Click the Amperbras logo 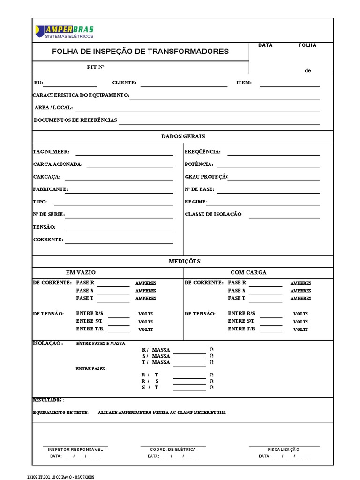[64, 31]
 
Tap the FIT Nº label [95, 67]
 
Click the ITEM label [244, 83]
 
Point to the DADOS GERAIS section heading [183, 136]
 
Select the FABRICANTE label [51, 189]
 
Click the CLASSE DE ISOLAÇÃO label [213, 214]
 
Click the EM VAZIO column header [81, 272]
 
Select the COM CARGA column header [248, 272]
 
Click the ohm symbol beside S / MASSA [211, 356]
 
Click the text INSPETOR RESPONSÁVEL [75, 449]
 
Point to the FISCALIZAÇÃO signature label [284, 449]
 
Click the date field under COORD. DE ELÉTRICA [173, 456]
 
